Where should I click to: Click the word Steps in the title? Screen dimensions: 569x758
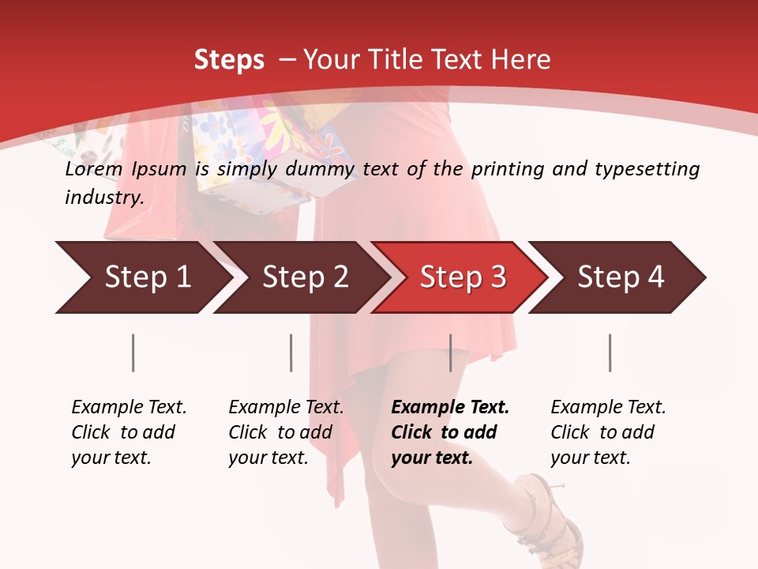point(229,60)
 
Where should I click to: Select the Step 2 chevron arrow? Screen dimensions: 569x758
point(304,277)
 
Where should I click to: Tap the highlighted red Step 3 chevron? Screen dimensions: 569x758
point(461,277)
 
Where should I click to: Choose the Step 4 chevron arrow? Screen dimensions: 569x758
point(620,277)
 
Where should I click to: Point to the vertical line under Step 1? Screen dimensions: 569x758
point(133,352)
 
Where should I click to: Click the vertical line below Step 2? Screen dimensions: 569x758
point(291,352)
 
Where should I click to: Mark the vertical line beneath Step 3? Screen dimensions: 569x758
point(450,352)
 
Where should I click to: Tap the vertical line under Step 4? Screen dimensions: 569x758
point(610,352)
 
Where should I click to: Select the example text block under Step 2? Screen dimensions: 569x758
point(285,432)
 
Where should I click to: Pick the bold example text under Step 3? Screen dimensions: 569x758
point(449,432)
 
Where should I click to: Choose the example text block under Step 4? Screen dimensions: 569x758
point(607,432)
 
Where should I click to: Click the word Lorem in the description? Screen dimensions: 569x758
point(94,169)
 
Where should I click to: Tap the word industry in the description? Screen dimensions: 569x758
point(104,197)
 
